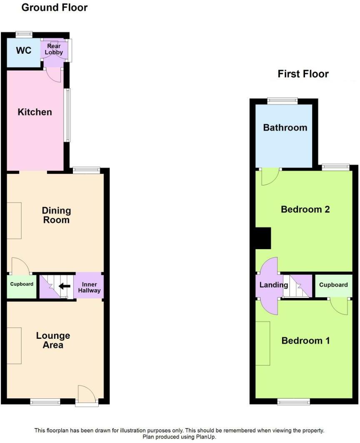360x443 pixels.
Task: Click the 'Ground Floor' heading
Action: click(x=54, y=8)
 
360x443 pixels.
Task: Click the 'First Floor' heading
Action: click(x=303, y=74)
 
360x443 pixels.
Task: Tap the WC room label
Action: click(x=24, y=51)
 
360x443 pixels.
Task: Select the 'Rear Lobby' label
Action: click(x=54, y=49)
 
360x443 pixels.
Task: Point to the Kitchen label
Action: click(x=35, y=112)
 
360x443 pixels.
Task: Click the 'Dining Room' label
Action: click(x=57, y=215)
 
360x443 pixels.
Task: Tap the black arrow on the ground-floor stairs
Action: click(x=64, y=286)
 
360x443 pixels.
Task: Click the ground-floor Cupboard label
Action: click(x=22, y=284)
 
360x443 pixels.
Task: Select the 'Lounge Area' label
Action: click(x=53, y=340)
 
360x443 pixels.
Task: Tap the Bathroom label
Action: click(x=285, y=128)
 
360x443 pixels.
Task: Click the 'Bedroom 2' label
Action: click(x=305, y=209)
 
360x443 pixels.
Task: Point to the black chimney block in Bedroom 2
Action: click(x=263, y=238)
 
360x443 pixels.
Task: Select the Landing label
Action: click(x=273, y=285)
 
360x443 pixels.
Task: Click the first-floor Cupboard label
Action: click(x=333, y=285)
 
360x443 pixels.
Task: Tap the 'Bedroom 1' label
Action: click(x=305, y=341)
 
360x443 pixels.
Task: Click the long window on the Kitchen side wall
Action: click(x=67, y=115)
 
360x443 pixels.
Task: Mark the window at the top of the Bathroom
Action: click(x=282, y=100)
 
